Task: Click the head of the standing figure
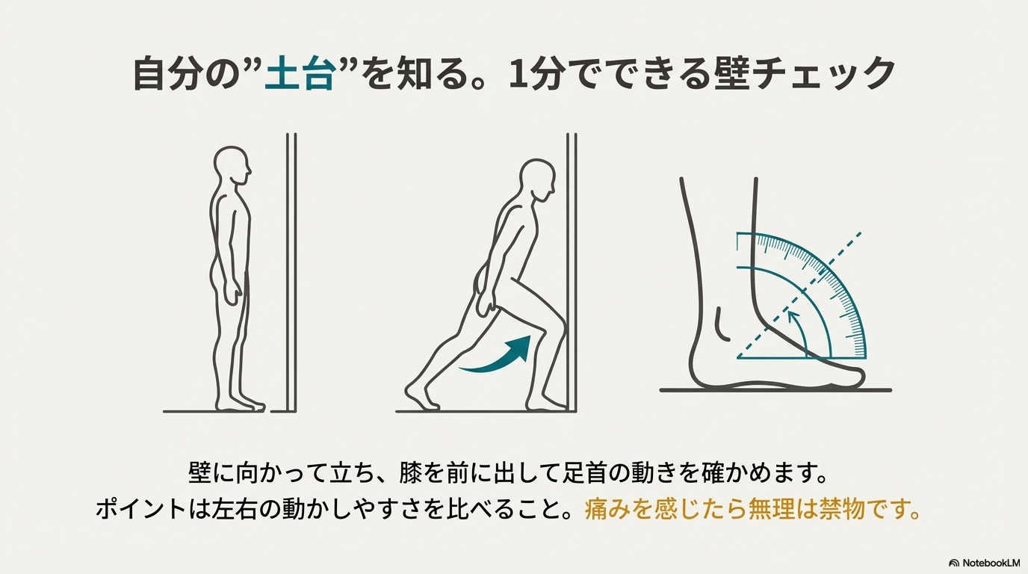pos(232,166)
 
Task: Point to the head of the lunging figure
pos(538,180)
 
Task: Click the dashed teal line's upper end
pos(860,234)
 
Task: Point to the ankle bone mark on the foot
pos(721,324)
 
